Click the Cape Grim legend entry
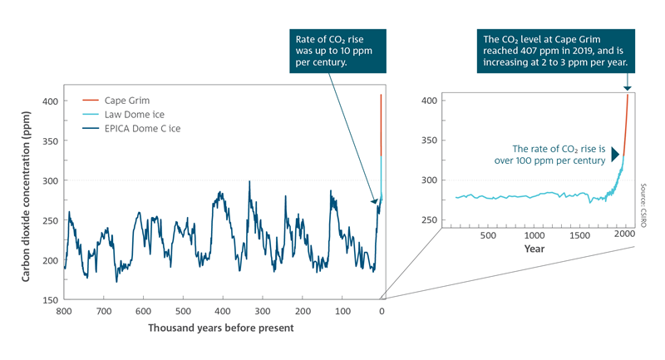(x=116, y=101)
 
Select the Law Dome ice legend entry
(x=123, y=115)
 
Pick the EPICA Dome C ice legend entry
(x=131, y=129)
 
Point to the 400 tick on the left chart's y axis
(x=50, y=101)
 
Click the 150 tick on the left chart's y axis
(x=50, y=300)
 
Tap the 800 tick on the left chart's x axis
(x=64, y=311)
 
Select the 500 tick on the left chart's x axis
(x=183, y=311)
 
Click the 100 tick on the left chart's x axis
(x=342, y=311)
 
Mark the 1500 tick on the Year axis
(x=579, y=235)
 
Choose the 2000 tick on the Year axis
(x=625, y=234)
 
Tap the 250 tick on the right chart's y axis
(x=429, y=220)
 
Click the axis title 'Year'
(x=534, y=249)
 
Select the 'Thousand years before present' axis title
(x=221, y=328)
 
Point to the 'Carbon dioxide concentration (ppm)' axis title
(x=26, y=196)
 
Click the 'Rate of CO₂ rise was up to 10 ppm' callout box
(x=338, y=51)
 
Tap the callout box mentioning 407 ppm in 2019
(x=556, y=51)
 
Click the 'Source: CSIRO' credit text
(x=643, y=205)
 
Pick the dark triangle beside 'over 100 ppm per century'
(x=614, y=155)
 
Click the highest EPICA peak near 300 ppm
(x=249, y=182)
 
